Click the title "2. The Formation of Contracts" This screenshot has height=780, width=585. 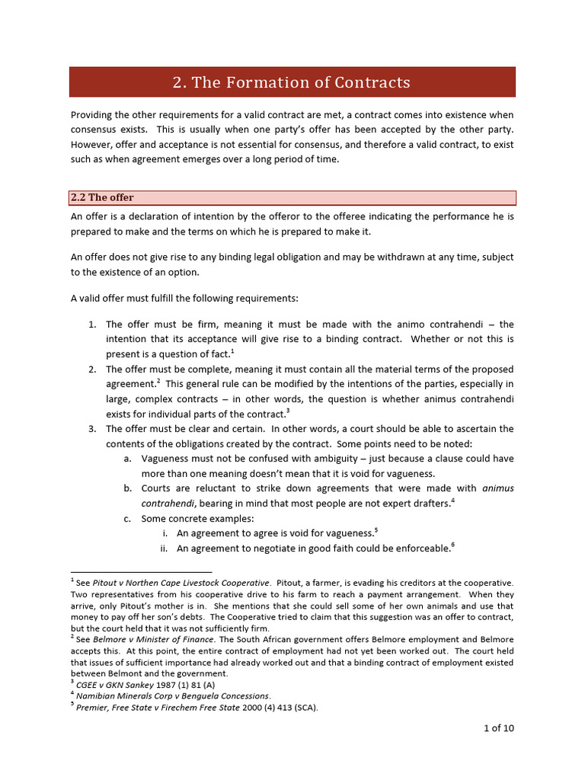[292, 82]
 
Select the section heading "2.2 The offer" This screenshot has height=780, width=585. [102, 198]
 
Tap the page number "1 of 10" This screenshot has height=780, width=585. [499, 727]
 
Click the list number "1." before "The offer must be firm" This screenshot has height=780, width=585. [91, 324]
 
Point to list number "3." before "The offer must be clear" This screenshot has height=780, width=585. [91, 429]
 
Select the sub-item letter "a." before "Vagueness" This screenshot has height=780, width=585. [127, 459]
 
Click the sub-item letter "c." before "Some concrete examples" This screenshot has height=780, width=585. [127, 518]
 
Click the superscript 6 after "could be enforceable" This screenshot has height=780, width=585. [452, 545]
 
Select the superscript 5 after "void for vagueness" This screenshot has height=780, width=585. [376, 529]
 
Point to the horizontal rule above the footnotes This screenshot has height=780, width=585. [141, 571]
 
